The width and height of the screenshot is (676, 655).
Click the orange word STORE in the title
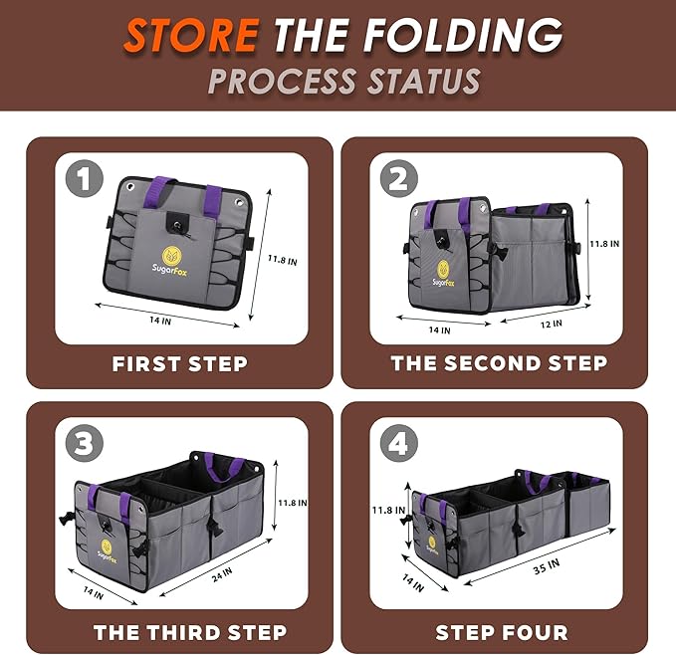pyautogui.click(x=191, y=35)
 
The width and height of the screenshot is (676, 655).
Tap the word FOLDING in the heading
pyautogui.click(x=463, y=35)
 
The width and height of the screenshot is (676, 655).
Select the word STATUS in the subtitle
pyautogui.click(x=423, y=81)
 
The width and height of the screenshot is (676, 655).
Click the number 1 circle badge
pyautogui.click(x=85, y=179)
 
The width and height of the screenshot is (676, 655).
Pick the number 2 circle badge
pyautogui.click(x=399, y=179)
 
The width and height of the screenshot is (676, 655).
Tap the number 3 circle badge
pyautogui.click(x=85, y=443)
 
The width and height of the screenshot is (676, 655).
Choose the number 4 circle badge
pyautogui.click(x=399, y=443)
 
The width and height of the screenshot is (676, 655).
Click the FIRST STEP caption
pyautogui.click(x=180, y=363)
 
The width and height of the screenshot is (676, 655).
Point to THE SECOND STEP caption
pyautogui.click(x=499, y=363)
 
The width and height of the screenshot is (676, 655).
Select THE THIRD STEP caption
pyautogui.click(x=190, y=632)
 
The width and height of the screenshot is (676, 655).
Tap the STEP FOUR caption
pyautogui.click(x=502, y=632)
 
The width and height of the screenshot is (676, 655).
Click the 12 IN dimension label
pyautogui.click(x=552, y=324)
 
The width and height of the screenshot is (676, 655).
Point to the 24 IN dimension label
pyautogui.click(x=222, y=574)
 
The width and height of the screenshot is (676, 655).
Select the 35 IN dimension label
pyautogui.click(x=547, y=566)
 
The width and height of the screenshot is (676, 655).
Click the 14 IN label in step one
pyautogui.click(x=160, y=321)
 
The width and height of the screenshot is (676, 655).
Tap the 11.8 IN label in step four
pyautogui.click(x=389, y=511)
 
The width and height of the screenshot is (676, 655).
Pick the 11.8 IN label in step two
pyautogui.click(x=604, y=244)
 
